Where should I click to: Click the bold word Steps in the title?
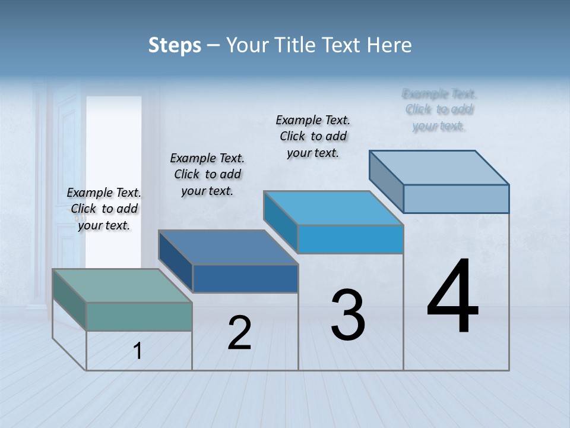pos(175,45)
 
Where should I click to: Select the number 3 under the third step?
pos(348,315)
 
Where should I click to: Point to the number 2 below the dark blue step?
pos(239,333)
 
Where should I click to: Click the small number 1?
pos(137,351)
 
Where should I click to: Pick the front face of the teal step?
pos(139,316)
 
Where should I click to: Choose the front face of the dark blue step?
pos(245,278)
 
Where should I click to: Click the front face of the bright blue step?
pos(350,239)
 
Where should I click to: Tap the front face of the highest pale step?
pos(456,199)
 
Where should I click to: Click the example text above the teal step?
pos(104,209)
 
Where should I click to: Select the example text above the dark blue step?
pos(207,174)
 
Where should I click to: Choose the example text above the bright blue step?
pos(313,136)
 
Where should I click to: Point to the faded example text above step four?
pos(439,109)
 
